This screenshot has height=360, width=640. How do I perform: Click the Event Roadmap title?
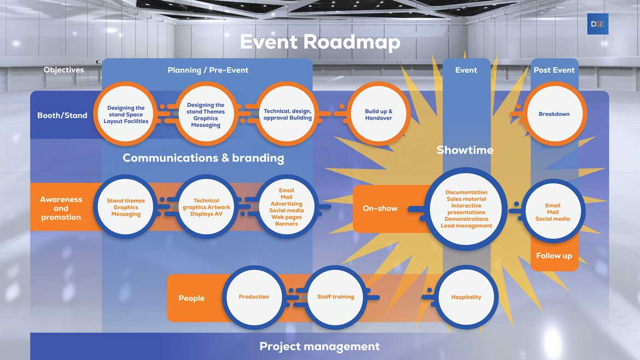click(320, 42)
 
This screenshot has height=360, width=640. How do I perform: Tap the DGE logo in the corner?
click(597, 24)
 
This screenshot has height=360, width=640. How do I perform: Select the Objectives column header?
click(63, 70)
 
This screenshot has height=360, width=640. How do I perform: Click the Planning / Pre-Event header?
click(208, 70)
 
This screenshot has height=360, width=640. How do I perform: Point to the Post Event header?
click(554, 70)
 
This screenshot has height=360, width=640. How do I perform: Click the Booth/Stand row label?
click(62, 115)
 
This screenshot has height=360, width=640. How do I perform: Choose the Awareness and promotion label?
click(61, 208)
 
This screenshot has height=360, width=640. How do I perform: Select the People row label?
click(191, 298)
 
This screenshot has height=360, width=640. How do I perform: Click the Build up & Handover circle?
click(379, 114)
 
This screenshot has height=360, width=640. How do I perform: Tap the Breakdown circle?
click(554, 114)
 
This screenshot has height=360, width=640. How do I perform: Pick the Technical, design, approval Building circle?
click(288, 114)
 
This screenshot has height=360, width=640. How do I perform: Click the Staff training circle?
click(335, 297)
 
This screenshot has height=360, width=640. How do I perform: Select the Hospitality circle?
click(466, 297)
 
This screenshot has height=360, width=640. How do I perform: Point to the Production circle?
click(254, 297)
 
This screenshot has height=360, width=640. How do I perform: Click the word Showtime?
click(464, 150)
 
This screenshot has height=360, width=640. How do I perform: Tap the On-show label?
click(380, 208)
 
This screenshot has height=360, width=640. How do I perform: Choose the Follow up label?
click(554, 256)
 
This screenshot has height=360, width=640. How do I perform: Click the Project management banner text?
click(319, 346)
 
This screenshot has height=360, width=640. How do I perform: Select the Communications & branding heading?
click(203, 158)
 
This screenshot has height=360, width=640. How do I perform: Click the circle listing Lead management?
click(466, 209)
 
